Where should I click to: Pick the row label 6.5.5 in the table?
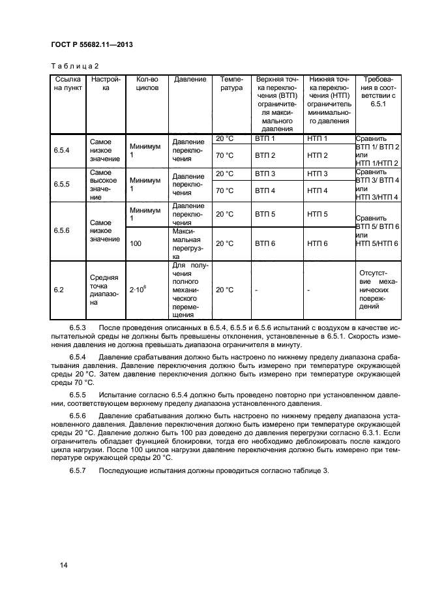point(63,185)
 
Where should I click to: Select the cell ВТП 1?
point(265,139)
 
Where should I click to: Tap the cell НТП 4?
point(317,191)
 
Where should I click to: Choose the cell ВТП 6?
point(265,243)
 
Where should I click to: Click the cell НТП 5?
point(317,214)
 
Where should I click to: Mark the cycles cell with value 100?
point(136,243)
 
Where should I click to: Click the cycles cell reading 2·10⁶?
point(138,290)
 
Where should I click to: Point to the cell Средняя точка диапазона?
point(104,290)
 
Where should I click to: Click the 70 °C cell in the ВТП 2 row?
point(224,155)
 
